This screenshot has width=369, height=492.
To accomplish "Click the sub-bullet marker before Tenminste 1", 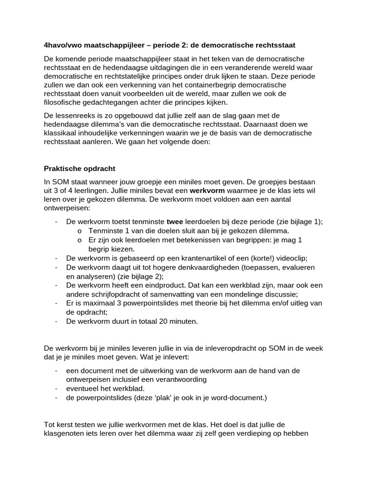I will tap(79, 231).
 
